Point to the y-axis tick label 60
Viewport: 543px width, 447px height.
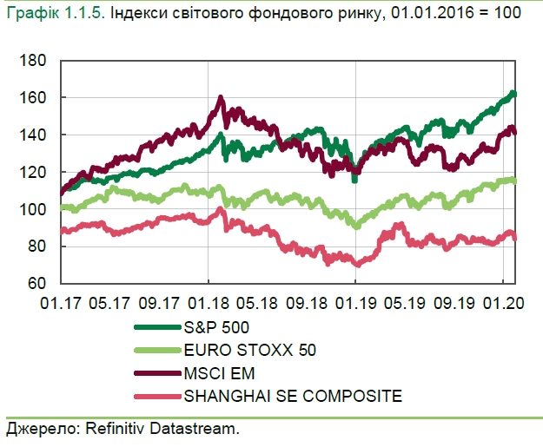(x=36, y=284)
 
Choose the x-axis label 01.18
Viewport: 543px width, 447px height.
(x=208, y=304)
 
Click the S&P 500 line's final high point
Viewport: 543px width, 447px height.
(x=513, y=92)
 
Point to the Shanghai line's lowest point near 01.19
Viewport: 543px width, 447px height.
(x=356, y=265)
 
